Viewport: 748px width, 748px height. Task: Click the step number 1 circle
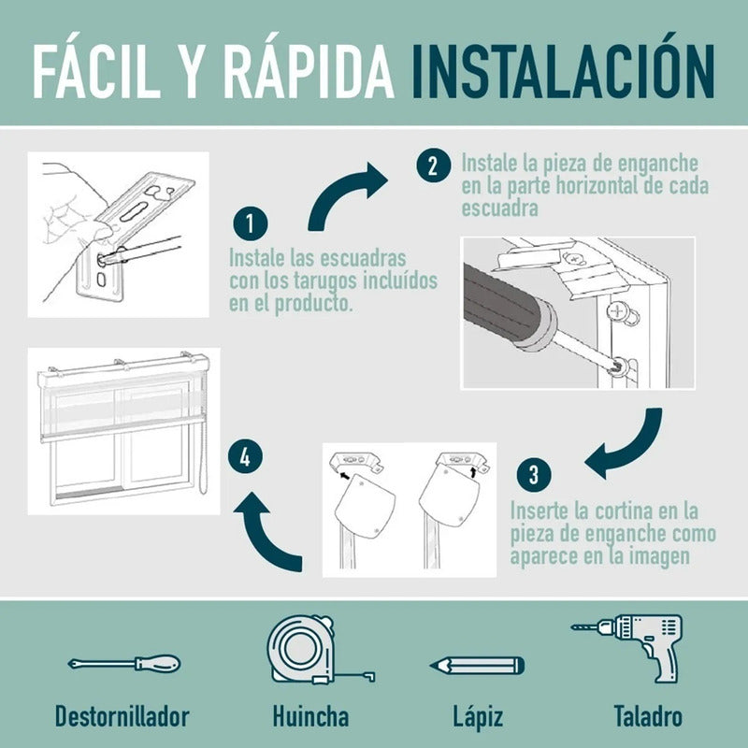[250, 223]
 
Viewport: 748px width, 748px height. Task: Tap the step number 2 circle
[433, 165]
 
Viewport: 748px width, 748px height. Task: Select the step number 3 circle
[534, 474]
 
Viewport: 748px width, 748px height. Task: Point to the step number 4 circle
[245, 457]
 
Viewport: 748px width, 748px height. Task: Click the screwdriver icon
[124, 664]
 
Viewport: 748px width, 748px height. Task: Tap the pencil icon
[477, 666]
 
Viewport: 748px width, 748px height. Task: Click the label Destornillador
[122, 716]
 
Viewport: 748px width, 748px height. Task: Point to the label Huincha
[310, 716]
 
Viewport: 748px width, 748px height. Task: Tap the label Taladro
[648, 716]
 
